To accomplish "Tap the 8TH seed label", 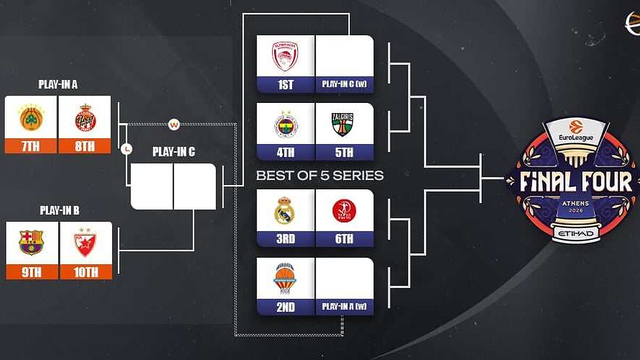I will [85, 146].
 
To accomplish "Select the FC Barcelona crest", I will [31, 243].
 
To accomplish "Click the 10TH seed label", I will [86, 272].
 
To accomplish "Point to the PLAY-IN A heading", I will [58, 84].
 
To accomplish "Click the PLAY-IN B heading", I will [59, 210].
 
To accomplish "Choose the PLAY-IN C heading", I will [173, 151].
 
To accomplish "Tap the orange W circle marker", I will [174, 125].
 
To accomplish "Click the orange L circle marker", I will [126, 150].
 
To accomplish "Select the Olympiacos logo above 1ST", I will [285, 56].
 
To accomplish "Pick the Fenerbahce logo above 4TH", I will [285, 124].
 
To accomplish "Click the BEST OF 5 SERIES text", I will [319, 175].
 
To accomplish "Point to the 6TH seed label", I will [345, 239].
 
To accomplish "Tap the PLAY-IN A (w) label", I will [345, 307].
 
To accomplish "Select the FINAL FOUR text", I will [575, 182].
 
